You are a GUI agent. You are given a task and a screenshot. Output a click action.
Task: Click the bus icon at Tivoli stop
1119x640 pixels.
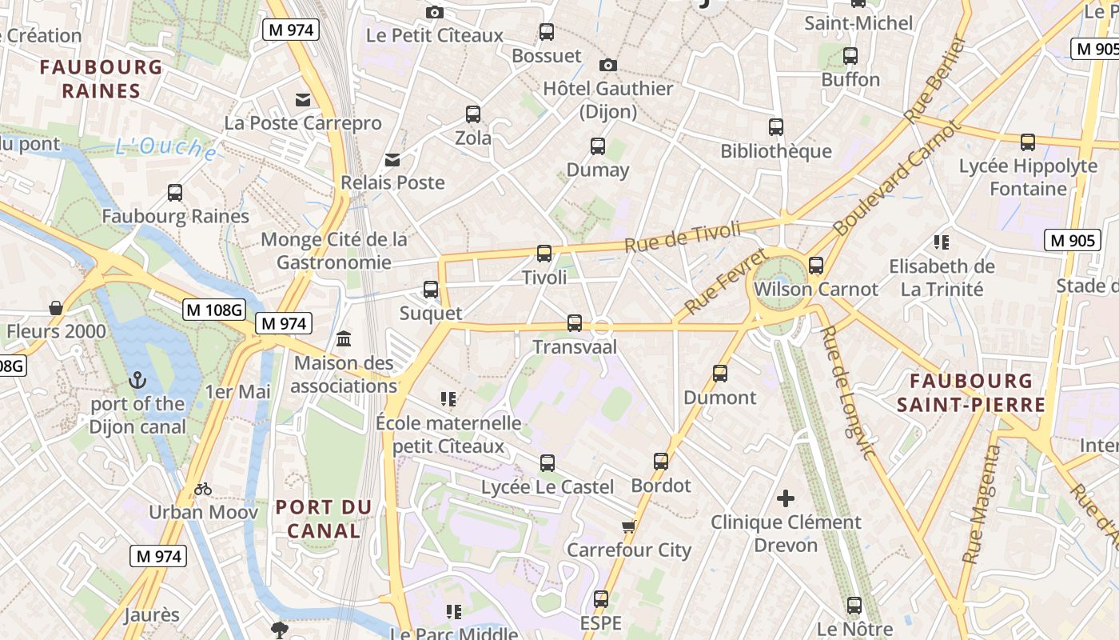tap(544, 254)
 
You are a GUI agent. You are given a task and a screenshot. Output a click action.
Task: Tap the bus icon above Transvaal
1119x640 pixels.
tap(574, 323)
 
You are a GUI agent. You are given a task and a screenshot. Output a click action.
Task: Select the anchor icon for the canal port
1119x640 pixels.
tap(137, 380)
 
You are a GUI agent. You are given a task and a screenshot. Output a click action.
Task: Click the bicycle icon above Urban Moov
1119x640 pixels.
tap(203, 489)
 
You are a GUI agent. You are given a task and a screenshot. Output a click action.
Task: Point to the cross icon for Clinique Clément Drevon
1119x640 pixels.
tap(786, 498)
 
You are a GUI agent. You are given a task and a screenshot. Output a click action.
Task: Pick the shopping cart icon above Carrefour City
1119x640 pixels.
tap(628, 526)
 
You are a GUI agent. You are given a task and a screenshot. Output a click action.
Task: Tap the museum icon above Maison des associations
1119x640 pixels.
tap(344, 339)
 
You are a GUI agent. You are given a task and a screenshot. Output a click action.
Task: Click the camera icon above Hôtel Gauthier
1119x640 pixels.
tap(607, 65)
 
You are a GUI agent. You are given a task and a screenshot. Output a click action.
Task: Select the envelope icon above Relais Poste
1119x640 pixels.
tap(392, 159)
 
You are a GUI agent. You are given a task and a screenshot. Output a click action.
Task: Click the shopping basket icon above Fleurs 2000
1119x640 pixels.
tap(56, 308)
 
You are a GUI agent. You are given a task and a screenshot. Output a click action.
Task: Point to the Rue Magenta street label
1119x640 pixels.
tap(982, 505)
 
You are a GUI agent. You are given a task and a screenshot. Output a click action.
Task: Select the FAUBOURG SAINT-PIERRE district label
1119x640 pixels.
tap(970, 393)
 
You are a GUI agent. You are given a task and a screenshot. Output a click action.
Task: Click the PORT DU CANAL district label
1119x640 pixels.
tap(324, 518)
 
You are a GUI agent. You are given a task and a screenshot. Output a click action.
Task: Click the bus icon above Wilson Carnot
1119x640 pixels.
tap(816, 266)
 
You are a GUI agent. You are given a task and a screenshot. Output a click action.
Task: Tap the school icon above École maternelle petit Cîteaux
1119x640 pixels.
tap(448, 398)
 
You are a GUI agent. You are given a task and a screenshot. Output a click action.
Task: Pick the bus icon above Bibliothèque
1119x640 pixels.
tap(775, 127)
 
